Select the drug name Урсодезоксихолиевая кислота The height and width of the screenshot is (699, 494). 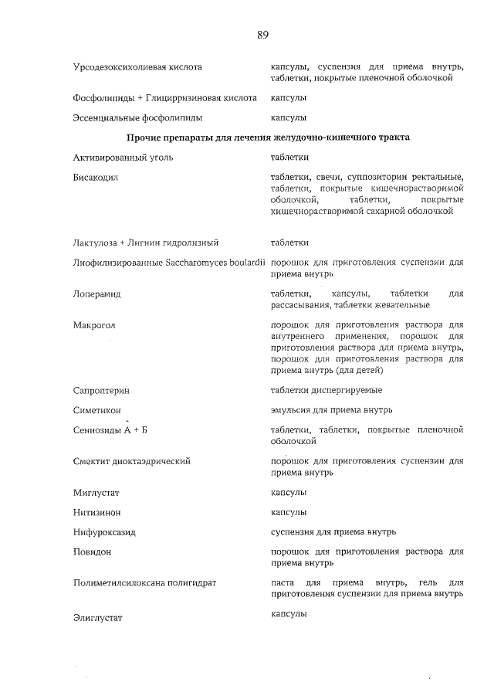pos(137,67)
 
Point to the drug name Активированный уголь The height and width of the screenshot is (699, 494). pos(123,158)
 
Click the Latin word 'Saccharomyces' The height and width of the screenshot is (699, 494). pos(199,263)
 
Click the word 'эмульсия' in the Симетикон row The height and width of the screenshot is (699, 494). pos(291,409)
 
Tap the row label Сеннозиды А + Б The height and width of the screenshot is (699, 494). pos(104,430)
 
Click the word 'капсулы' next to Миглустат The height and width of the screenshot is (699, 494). pos(289,492)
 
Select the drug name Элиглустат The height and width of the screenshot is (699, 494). pos(98,618)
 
